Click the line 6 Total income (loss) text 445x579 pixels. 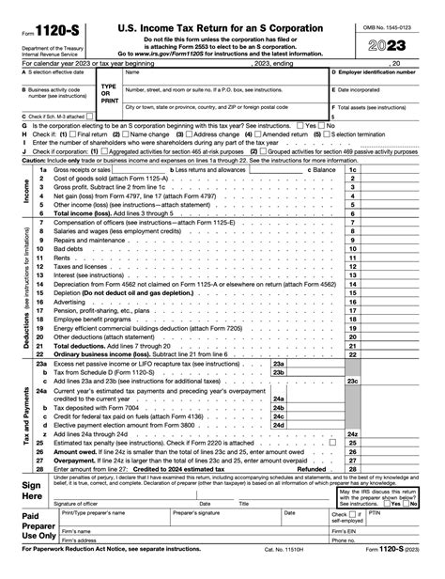pyautogui.click(x=86, y=213)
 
